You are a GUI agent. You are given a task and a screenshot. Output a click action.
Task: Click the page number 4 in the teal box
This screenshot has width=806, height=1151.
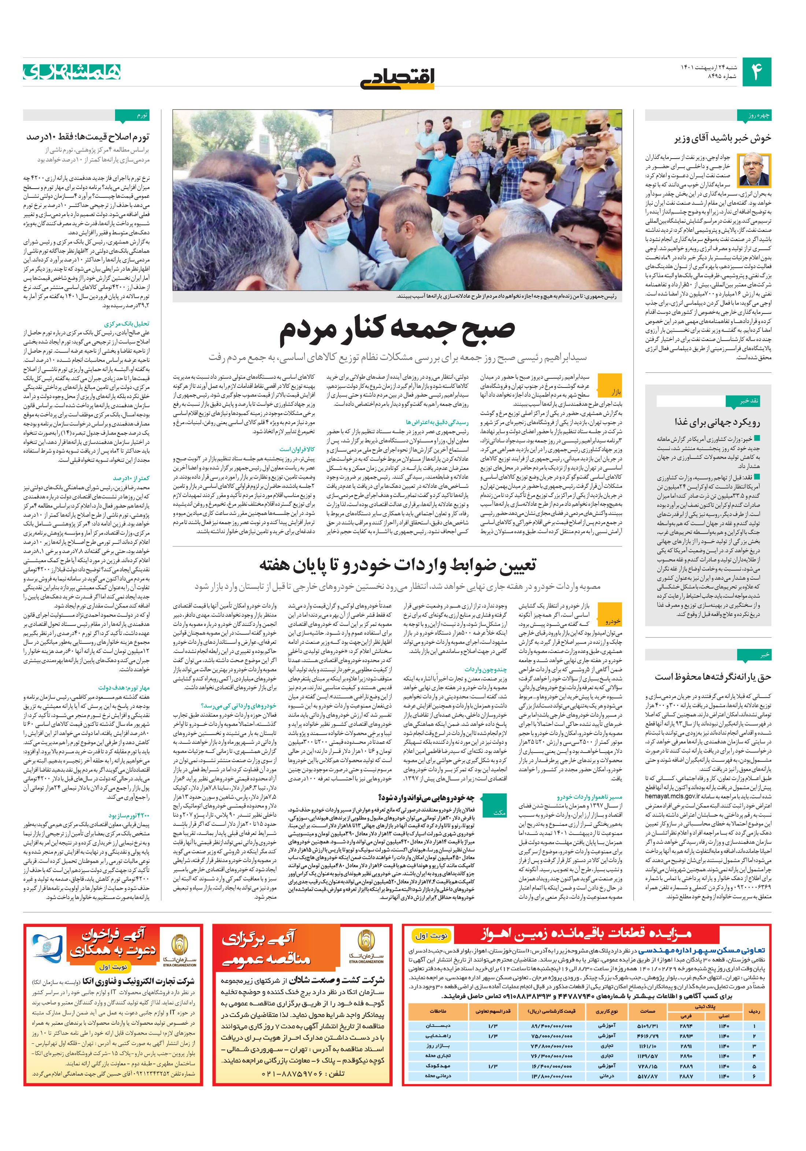pos(756,72)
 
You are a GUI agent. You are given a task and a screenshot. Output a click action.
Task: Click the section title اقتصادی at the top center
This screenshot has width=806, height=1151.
pos(397,77)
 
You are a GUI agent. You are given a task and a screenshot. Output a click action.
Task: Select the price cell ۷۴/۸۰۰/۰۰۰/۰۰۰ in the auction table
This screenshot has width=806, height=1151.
pos(552,1046)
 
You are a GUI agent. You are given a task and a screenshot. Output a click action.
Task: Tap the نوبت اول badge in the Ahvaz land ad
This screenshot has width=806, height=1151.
pos(431,935)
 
